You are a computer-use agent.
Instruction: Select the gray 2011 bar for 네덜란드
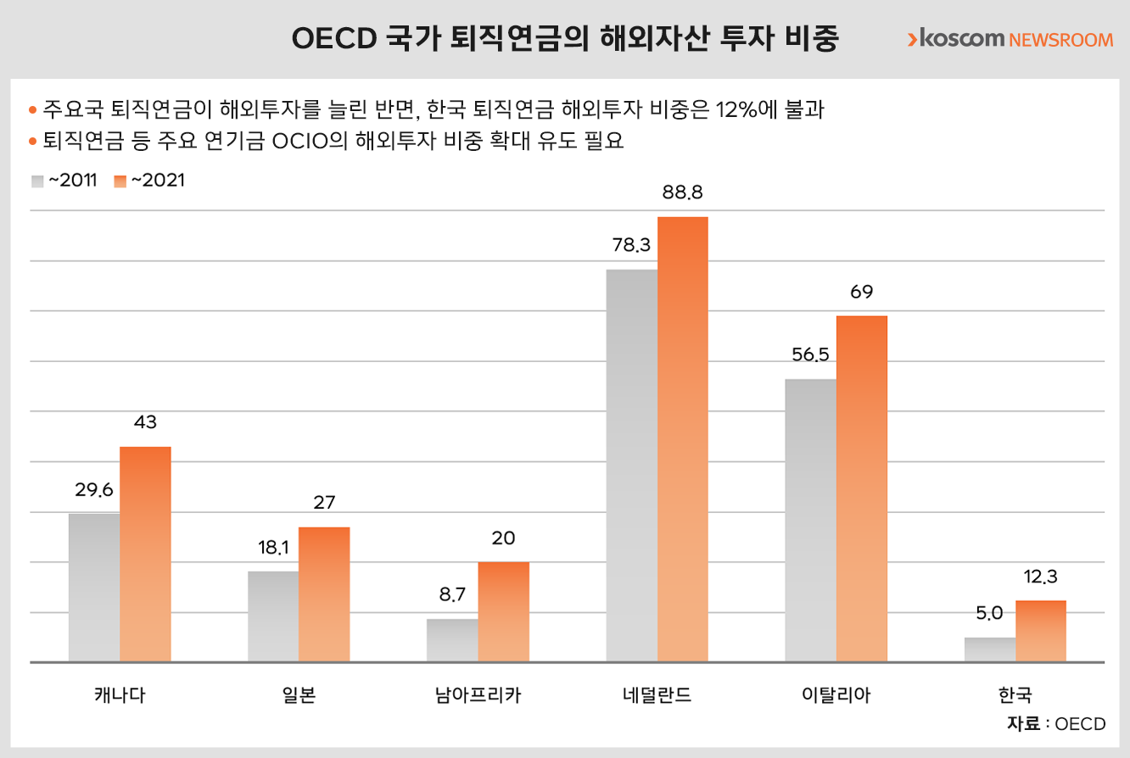click(632, 465)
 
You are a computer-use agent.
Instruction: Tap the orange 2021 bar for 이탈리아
click(862, 488)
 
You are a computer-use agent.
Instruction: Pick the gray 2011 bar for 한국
click(990, 649)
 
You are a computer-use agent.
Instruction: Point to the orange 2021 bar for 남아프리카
click(504, 611)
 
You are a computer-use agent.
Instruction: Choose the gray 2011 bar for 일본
click(273, 616)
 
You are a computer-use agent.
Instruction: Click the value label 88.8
click(683, 193)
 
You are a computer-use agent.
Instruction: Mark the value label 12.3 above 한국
click(1041, 577)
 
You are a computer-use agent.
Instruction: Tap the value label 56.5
click(810, 355)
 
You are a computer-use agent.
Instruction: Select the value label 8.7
click(452, 595)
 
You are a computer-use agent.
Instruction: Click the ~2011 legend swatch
click(37, 181)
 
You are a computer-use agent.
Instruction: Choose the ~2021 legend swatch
click(120, 181)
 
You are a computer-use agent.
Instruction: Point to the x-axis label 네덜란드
click(656, 696)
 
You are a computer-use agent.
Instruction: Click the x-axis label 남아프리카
click(477, 696)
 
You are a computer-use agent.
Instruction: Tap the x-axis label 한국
click(1015, 696)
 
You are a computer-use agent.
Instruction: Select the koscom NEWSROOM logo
click(1010, 39)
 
